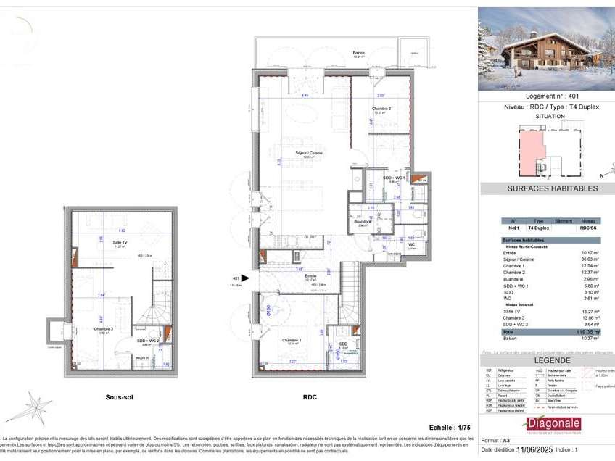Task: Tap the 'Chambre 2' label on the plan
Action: [x=382, y=109]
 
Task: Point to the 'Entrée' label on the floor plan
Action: [x=310, y=276]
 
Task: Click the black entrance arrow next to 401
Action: [x=246, y=278]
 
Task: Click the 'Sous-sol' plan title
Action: [x=119, y=397]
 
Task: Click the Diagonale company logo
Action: [x=551, y=425]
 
